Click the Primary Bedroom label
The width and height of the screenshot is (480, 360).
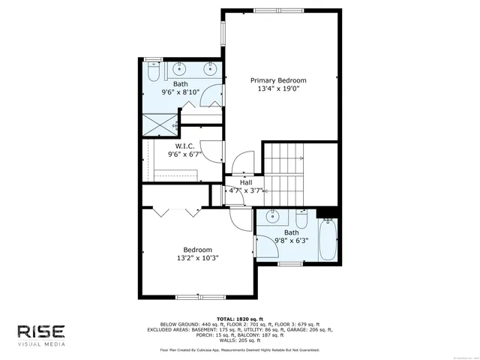[x=277, y=80]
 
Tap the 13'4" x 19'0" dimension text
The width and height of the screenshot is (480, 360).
[x=277, y=90]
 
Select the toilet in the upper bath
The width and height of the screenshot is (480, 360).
[x=153, y=73]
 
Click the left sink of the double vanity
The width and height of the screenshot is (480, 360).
[x=181, y=68]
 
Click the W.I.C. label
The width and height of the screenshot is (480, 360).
[x=184, y=145]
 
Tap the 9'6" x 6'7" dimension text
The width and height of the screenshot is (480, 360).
[x=184, y=154]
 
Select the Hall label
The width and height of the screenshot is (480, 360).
[x=246, y=182]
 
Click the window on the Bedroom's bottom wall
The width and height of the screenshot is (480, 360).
[x=200, y=298]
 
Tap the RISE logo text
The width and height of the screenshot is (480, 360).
[x=41, y=331]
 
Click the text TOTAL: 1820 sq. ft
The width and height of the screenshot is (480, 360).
[x=240, y=319]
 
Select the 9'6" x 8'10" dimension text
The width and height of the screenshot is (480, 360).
[x=181, y=93]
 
